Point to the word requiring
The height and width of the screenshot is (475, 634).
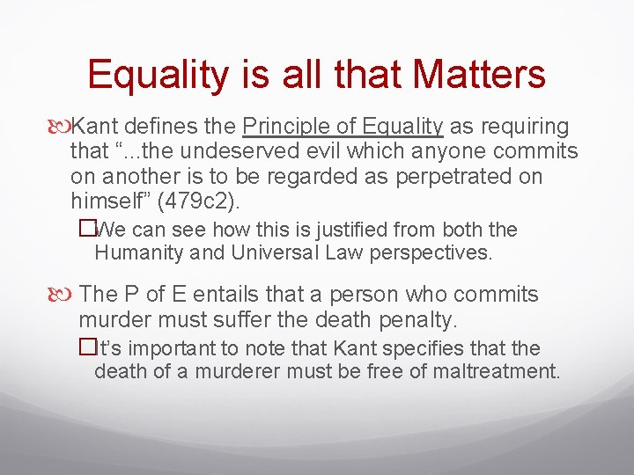tap(520, 126)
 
